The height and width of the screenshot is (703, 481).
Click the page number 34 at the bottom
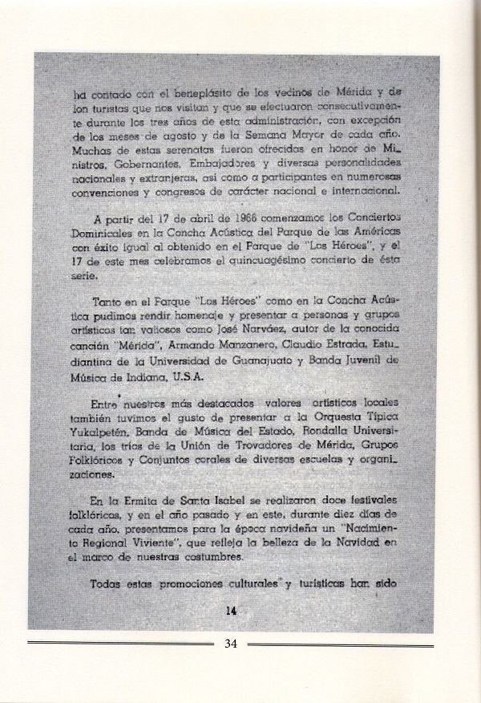click(x=231, y=643)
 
